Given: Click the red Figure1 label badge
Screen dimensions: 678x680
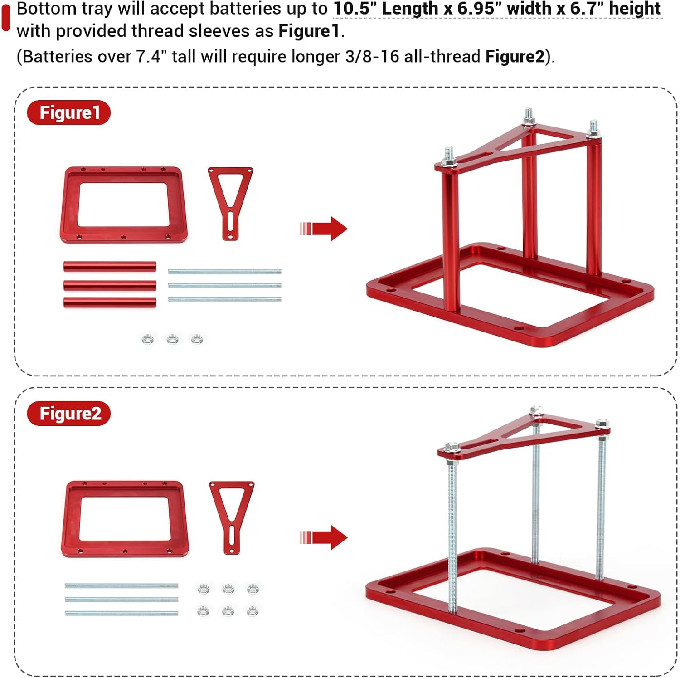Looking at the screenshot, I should click(68, 112).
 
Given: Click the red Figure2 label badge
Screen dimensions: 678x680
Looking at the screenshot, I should click(68, 413).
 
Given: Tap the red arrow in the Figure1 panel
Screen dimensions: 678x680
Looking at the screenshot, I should click(324, 229).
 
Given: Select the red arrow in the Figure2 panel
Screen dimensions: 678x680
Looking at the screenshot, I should click(324, 537).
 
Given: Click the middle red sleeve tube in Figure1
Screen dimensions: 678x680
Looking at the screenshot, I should click(110, 285).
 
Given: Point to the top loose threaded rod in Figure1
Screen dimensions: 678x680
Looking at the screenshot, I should click(224, 272).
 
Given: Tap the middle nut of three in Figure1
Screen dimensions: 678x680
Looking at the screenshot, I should click(172, 339).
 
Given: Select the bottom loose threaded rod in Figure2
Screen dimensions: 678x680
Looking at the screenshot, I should click(121, 613).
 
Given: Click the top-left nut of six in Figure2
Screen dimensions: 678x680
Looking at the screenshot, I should click(204, 589).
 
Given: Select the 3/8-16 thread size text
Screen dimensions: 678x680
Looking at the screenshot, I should click(372, 57).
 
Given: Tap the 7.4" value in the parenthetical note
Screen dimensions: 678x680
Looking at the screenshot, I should click(149, 57).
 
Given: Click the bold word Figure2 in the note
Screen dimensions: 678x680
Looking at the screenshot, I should click(515, 57).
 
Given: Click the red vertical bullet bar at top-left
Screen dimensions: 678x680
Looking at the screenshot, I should click(6, 18).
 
